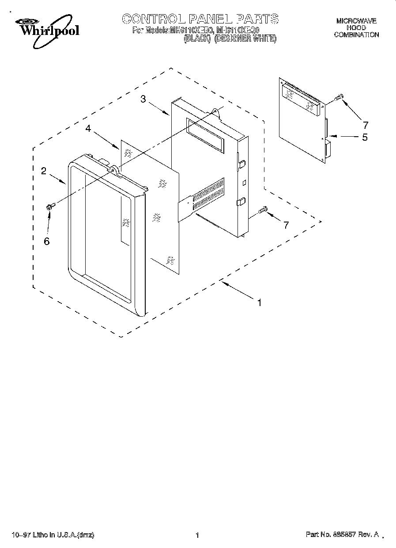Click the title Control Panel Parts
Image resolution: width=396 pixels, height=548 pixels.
pos(200,19)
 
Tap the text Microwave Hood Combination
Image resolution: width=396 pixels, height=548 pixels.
pos(356,28)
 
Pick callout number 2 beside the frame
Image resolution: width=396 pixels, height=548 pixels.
pos(44,171)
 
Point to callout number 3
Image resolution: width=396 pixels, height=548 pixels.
pos(143,99)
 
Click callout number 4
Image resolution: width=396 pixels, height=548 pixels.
pos(88,128)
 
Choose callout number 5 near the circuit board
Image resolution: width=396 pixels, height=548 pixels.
pos(365,137)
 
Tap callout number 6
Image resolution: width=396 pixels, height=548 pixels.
pos(47,241)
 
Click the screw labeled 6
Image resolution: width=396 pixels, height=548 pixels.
pos(51,206)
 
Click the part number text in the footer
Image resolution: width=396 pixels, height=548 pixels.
pos(342,535)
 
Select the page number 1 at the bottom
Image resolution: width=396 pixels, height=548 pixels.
pos(197,535)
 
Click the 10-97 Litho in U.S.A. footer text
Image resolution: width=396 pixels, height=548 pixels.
pos(53,535)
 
